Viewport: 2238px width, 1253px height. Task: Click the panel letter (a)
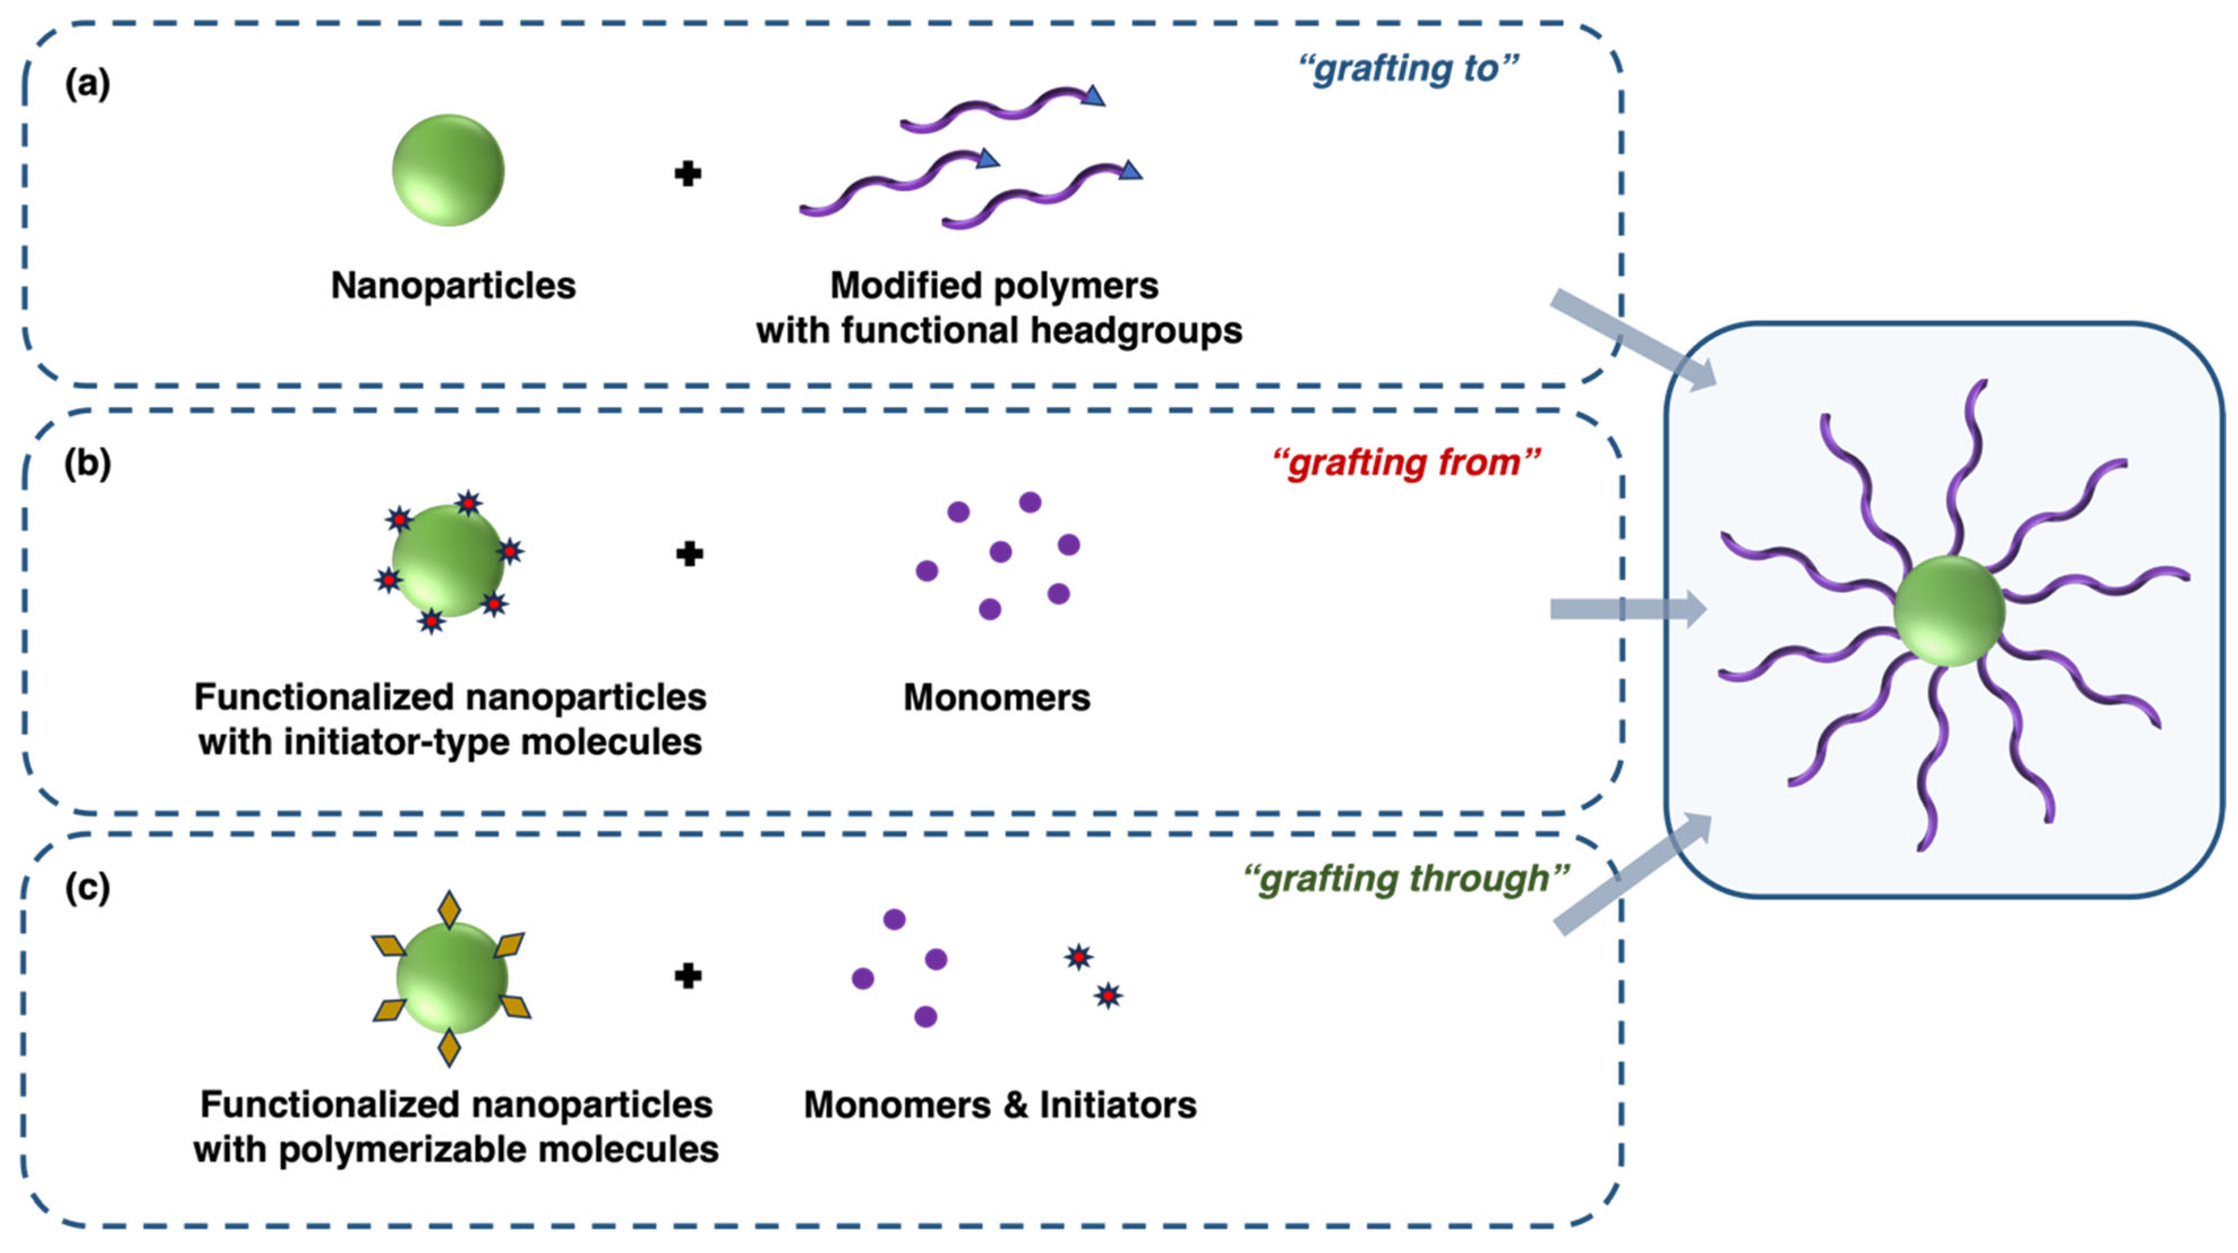pos(87,84)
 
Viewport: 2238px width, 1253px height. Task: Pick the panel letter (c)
pos(87,887)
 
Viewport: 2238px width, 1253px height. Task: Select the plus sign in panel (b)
pos(689,554)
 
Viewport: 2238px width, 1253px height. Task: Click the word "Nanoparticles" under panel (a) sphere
pos(453,286)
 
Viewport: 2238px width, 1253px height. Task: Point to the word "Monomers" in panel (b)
pos(997,698)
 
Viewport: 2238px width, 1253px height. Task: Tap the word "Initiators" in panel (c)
pos(1117,1105)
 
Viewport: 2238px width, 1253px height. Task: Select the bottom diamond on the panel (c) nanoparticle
pos(449,1047)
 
